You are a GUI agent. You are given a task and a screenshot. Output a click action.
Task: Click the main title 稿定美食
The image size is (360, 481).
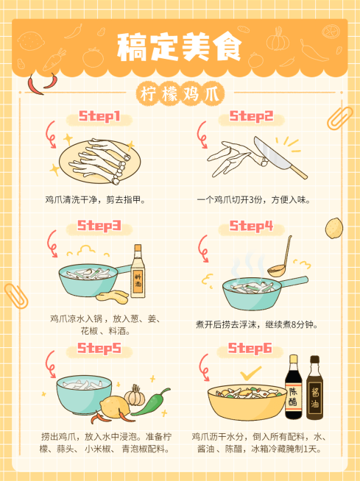pos(179,49)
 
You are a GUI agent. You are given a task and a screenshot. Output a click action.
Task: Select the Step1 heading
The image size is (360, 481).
pos(99,118)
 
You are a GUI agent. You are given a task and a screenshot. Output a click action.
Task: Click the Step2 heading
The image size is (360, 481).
pos(252,117)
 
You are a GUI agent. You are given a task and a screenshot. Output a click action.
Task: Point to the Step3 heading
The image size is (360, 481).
pos(99,226)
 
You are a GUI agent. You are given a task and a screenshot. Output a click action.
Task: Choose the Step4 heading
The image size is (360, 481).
pos(252,226)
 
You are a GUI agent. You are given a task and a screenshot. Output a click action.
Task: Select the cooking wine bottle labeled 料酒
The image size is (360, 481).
pos(138,271)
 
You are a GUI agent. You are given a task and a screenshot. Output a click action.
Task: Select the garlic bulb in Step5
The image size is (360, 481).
pos(134,396)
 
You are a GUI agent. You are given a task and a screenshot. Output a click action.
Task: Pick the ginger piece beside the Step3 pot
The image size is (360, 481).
pos(117,296)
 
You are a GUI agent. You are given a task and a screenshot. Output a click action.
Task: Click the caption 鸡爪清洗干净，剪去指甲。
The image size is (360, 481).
pos(95,199)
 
